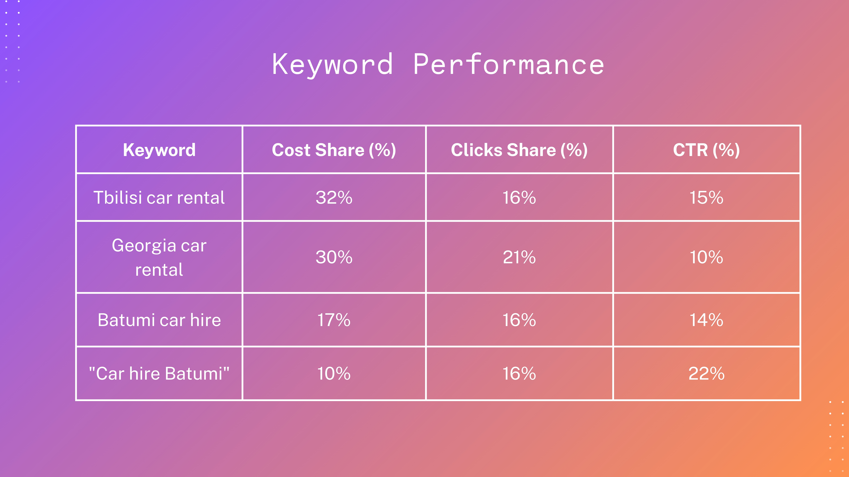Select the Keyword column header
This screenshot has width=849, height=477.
pos(159,150)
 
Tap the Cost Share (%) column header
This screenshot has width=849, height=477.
pos(334,150)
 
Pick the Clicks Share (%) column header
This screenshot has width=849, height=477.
pos(519,150)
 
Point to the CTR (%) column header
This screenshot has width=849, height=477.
pos(706,150)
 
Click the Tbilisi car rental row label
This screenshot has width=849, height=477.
pos(159,198)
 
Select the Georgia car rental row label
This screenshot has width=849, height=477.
pos(159,257)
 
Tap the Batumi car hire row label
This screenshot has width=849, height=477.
pos(159,320)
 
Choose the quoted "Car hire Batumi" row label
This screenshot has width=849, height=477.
pos(159,374)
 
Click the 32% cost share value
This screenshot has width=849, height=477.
pos(334,198)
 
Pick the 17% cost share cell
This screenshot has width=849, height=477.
pos(334,320)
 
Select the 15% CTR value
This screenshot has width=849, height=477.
pos(706,198)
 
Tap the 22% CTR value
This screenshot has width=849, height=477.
pos(706,374)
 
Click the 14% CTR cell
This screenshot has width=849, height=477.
pos(706,320)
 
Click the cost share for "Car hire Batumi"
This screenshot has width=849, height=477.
pos(334,374)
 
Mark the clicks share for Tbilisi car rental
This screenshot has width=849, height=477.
pos(519,198)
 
